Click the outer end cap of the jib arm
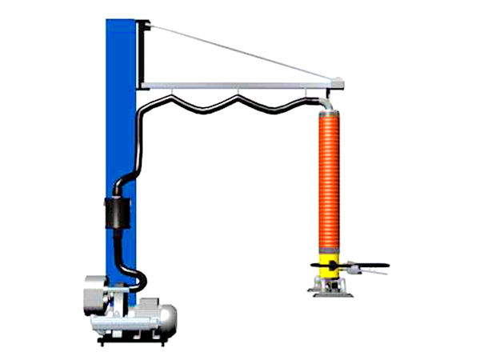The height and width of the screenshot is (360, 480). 339,81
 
